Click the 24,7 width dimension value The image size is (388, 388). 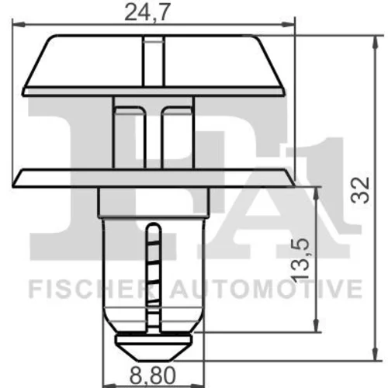coord(147,12)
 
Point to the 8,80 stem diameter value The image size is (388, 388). coord(153,376)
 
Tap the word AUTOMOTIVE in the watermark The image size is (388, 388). coord(266,289)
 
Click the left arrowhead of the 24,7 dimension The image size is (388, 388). coord(19,25)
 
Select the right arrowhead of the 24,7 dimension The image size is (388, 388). coord(288,25)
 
